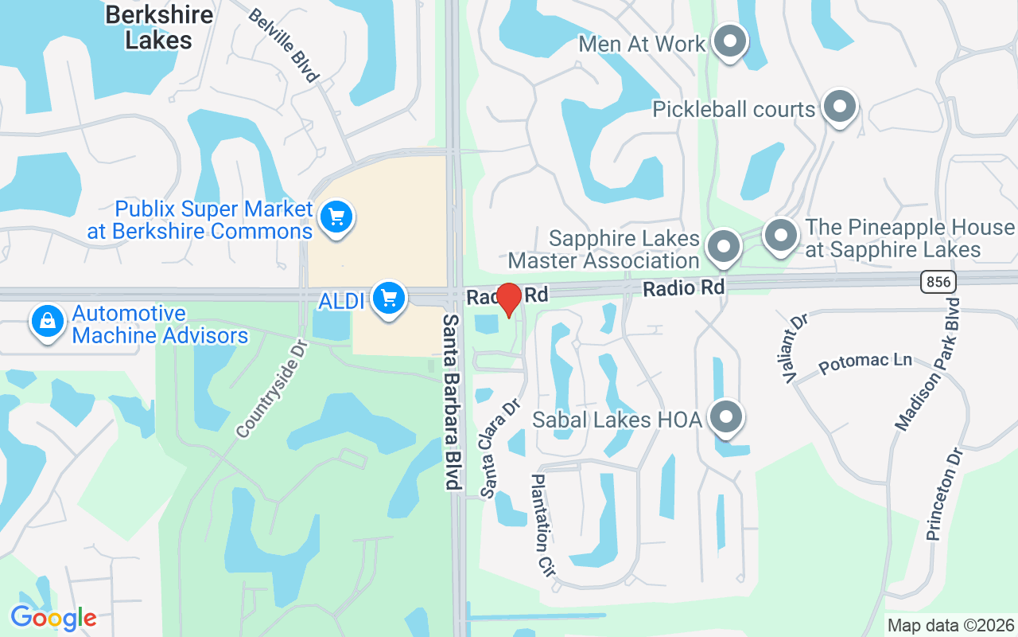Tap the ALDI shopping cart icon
388,299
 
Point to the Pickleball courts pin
838,107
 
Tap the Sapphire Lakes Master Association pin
724,247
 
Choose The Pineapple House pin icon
780,236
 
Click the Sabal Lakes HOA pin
725,417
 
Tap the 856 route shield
938,281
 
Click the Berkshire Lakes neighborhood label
159,27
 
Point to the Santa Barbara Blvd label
452,401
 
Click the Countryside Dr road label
272,388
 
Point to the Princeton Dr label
945,493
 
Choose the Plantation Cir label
542,526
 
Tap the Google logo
53,618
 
